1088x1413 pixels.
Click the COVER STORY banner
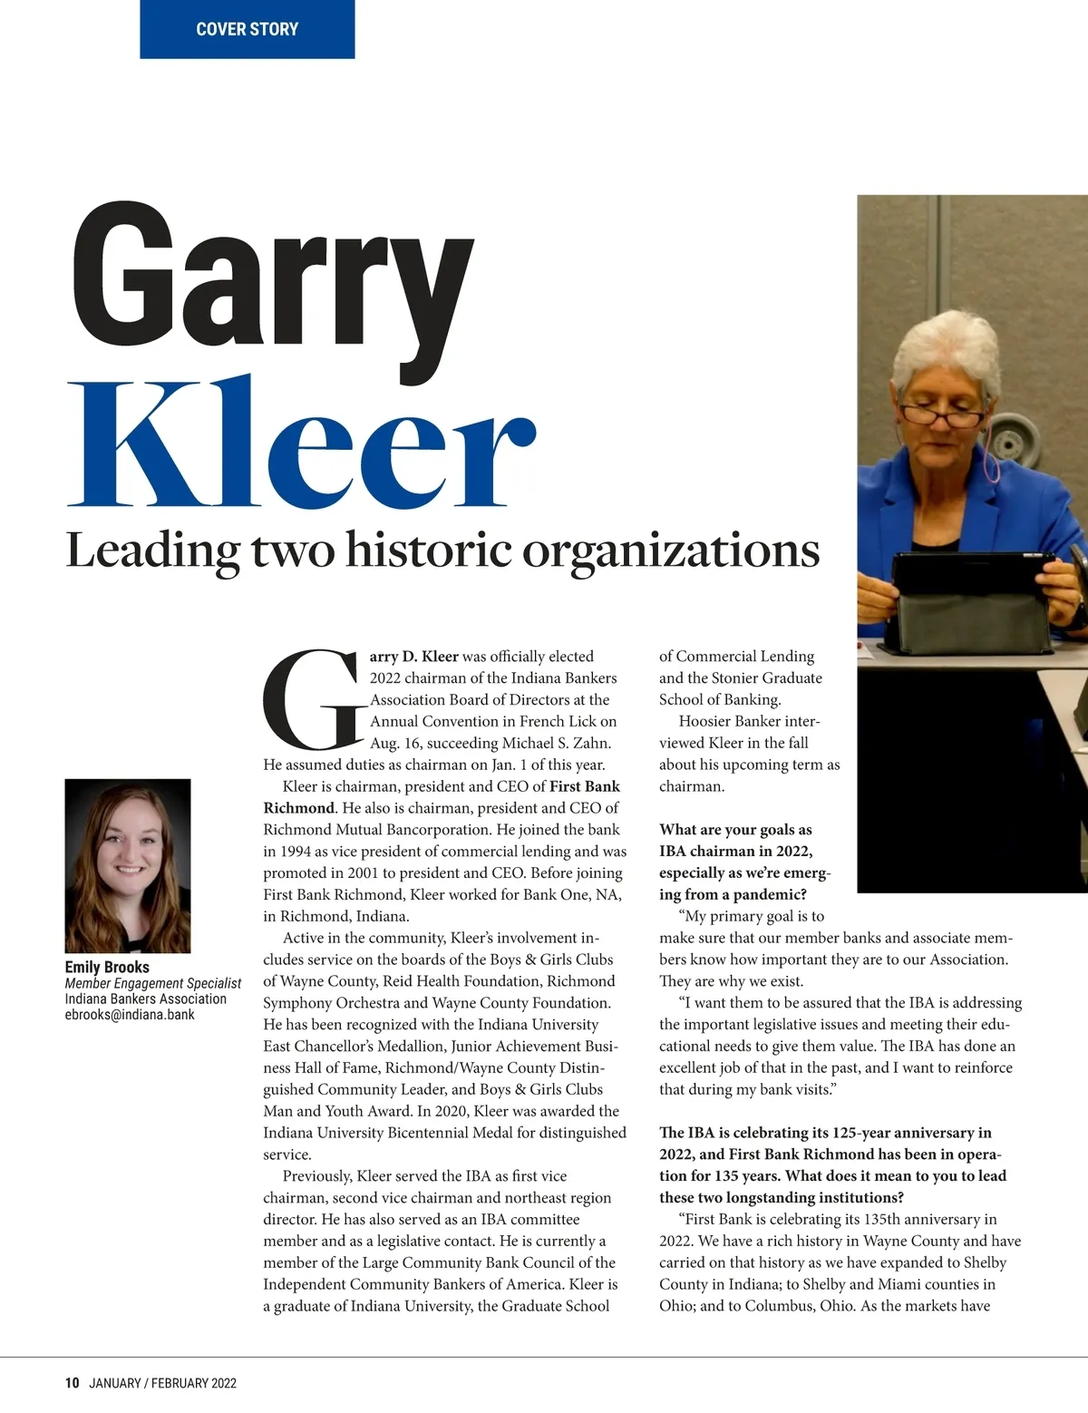click(247, 29)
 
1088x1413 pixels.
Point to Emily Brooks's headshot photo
click(128, 865)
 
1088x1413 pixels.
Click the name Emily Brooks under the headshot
click(107, 967)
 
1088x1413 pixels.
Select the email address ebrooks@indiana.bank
click(130, 1015)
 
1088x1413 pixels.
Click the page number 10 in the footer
click(72, 1383)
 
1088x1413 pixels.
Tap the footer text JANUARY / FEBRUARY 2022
click(163, 1383)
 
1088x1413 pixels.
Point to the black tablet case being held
click(967, 599)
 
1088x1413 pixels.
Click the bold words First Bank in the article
click(585, 786)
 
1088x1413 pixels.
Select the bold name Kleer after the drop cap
click(440, 656)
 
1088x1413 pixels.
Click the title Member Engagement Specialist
click(153, 983)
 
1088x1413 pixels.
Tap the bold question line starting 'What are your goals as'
click(735, 830)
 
